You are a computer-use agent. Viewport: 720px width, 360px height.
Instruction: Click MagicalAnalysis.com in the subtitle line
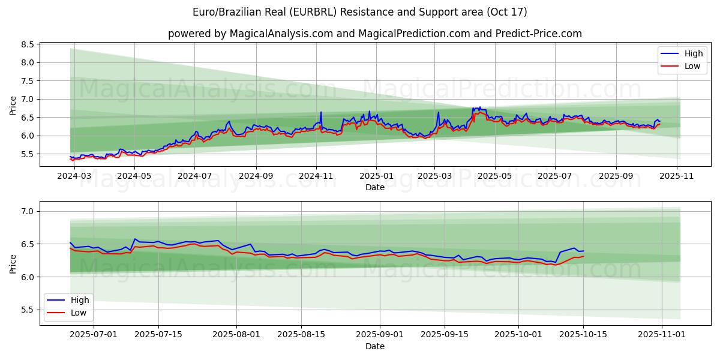[281, 34]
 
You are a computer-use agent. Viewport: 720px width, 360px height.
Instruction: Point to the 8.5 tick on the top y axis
[26, 44]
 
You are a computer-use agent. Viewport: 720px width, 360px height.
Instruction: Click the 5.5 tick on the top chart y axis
[26, 154]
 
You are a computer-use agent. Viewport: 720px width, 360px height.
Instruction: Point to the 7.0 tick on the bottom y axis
[26, 211]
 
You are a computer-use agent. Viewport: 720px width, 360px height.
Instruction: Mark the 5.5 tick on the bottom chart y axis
[26, 310]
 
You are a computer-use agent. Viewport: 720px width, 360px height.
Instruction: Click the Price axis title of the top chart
[13, 105]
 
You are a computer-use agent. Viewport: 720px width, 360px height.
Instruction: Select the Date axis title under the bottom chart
[375, 346]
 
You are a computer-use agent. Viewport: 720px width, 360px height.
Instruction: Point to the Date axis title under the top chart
[375, 188]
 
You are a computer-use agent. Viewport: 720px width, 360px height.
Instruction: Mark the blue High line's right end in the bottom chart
[584, 251]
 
